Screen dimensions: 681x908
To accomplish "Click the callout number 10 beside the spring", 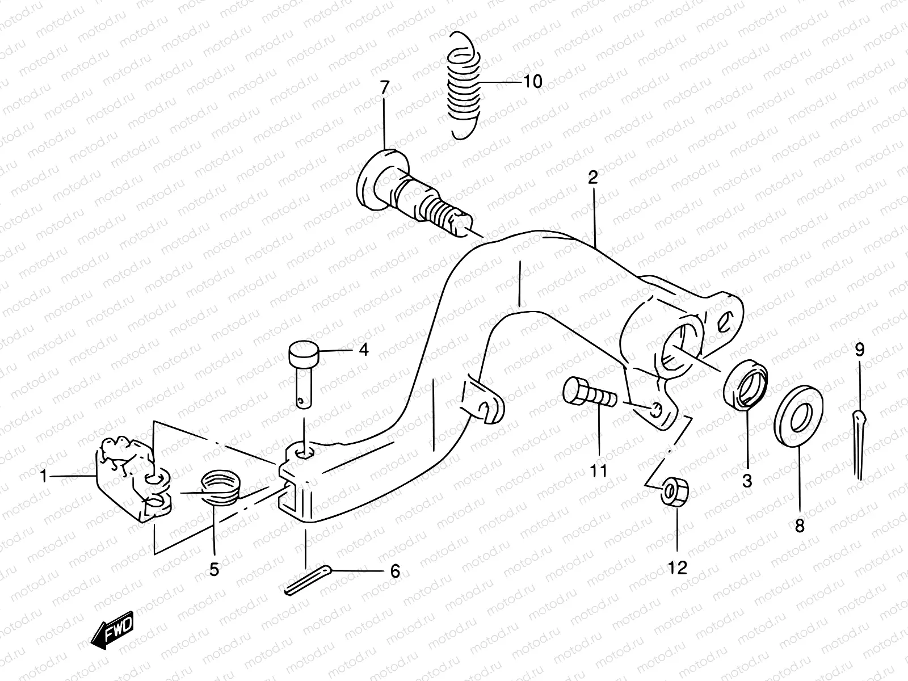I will point(532,82).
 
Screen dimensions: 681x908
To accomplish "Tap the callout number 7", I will point(385,89).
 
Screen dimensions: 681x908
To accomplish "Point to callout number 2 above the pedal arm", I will point(592,178).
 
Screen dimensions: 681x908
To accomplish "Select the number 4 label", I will point(363,350).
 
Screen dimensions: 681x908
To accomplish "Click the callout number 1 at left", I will point(43,477).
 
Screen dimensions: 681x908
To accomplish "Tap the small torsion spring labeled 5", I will point(221,487).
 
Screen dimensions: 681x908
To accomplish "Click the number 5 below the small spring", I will point(214,569).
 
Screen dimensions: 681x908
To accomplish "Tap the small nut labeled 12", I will point(675,491).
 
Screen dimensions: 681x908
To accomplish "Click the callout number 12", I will point(678,567).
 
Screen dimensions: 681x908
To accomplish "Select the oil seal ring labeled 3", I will point(745,386).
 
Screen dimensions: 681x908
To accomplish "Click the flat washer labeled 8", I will point(798,417).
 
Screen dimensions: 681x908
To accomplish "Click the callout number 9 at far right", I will point(859,350).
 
